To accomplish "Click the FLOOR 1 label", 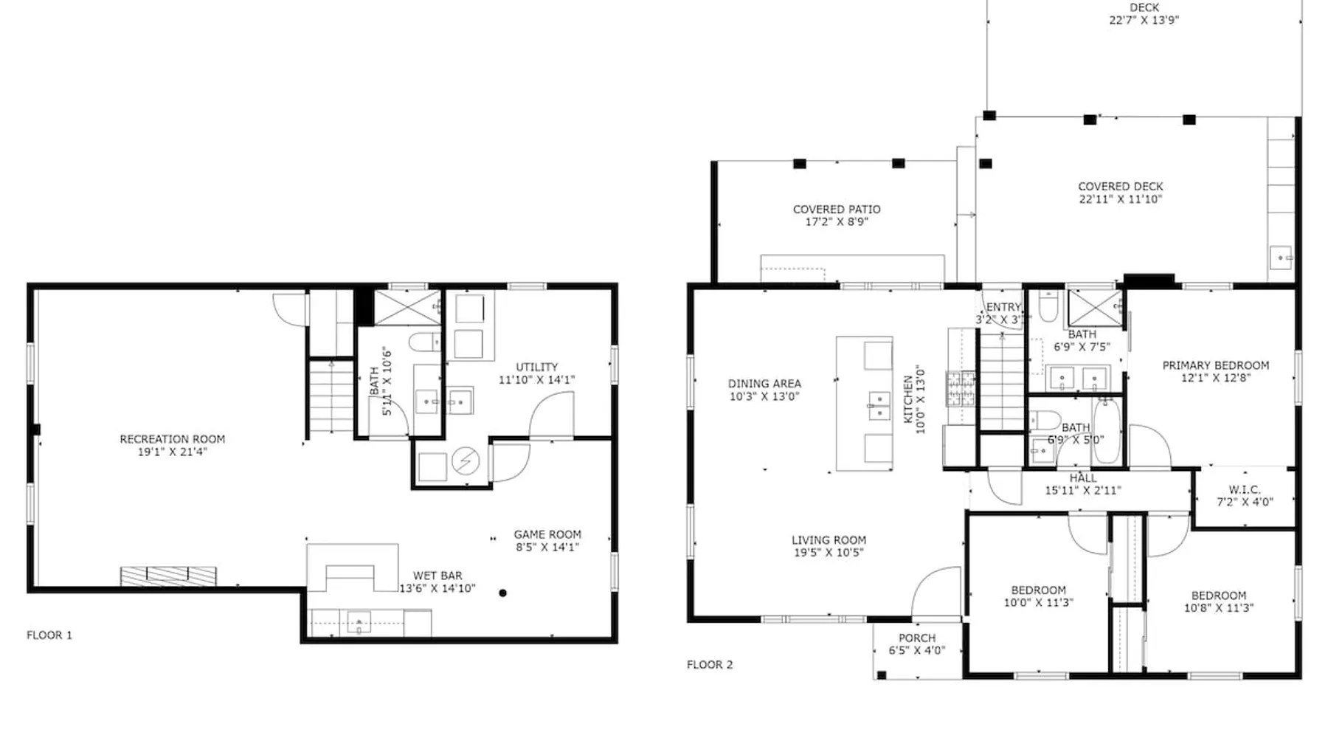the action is pos(49,635).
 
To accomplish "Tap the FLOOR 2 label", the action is pos(710,664).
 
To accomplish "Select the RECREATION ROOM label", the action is pos(173,439).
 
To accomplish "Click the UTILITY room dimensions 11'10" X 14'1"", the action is pos(536,380).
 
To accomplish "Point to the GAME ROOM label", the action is pos(547,534).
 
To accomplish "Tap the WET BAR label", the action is pos(438,576).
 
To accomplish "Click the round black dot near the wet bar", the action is pos(502,593).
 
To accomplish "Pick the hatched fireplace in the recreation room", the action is pos(168,576).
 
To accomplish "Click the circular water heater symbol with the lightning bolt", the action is pos(466,462).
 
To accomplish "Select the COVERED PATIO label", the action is pos(837,210).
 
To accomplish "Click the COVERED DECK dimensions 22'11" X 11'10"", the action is pos(1121,199).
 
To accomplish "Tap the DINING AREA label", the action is pos(764,384).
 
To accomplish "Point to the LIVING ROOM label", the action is pos(829,540).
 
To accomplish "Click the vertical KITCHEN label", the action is pos(908,399).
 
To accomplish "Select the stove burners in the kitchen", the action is pos(961,389).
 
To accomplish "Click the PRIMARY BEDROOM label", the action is pos(1216,365).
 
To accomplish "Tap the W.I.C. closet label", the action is pos(1245,490).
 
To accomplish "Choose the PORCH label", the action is pos(917,638).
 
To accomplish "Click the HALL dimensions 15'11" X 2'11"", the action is pos(1083,490).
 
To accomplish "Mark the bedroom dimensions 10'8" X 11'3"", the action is pos(1219,609).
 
